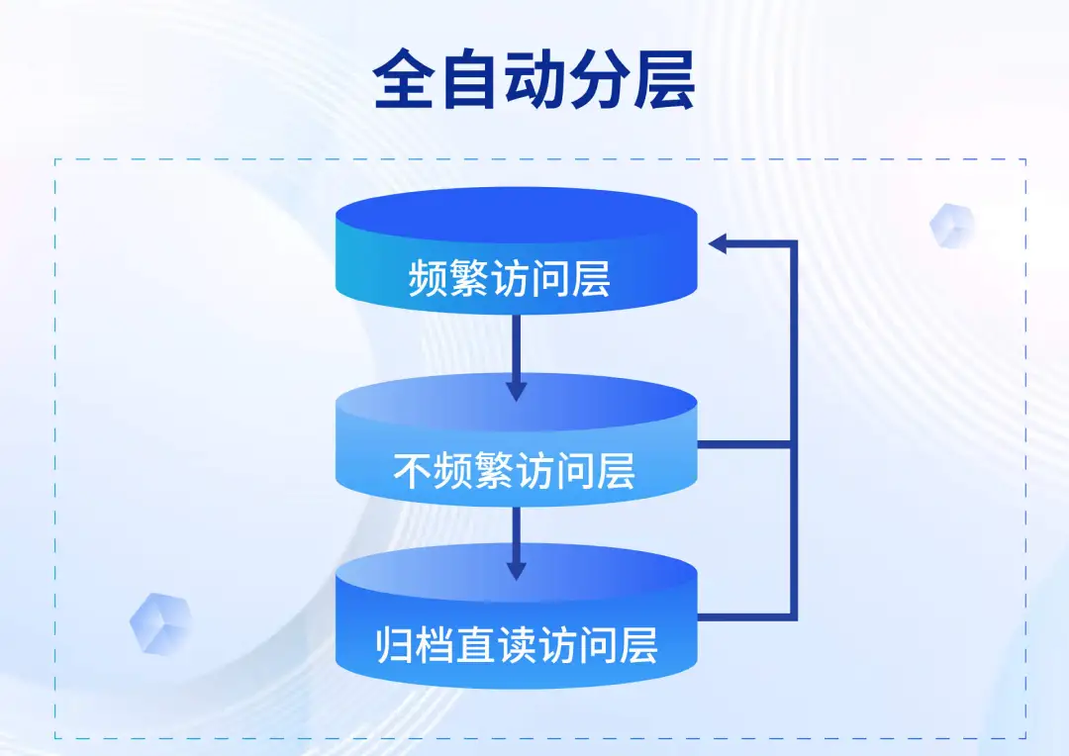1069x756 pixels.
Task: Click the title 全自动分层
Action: pyautogui.click(x=534, y=80)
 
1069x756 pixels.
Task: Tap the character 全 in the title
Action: pyautogui.click(x=404, y=80)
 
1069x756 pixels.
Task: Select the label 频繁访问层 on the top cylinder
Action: pyautogui.click(x=510, y=278)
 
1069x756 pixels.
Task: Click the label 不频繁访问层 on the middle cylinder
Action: pyautogui.click(x=515, y=470)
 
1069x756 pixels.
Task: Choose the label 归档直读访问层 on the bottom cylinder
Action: pyautogui.click(x=517, y=644)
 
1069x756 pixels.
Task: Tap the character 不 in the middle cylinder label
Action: pyautogui.click(x=413, y=470)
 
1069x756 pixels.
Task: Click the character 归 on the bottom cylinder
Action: pyautogui.click(x=395, y=644)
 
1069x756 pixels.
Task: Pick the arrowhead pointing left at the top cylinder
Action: pyautogui.click(x=718, y=242)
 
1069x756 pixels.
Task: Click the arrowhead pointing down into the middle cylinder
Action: pyautogui.click(x=516, y=391)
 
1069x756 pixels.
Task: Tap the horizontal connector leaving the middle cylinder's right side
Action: pyautogui.click(x=743, y=444)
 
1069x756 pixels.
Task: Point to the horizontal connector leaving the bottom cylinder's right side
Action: pyautogui.click(x=743, y=616)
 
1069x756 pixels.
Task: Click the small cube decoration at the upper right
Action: pyautogui.click(x=952, y=226)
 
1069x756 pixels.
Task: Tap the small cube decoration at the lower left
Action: pyautogui.click(x=161, y=623)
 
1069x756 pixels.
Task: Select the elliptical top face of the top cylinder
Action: pyautogui.click(x=516, y=214)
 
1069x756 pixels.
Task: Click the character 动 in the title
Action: pyautogui.click(x=534, y=80)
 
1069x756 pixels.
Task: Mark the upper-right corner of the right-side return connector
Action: pyautogui.click(x=794, y=242)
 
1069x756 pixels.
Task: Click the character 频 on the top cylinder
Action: pyautogui.click(x=428, y=278)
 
